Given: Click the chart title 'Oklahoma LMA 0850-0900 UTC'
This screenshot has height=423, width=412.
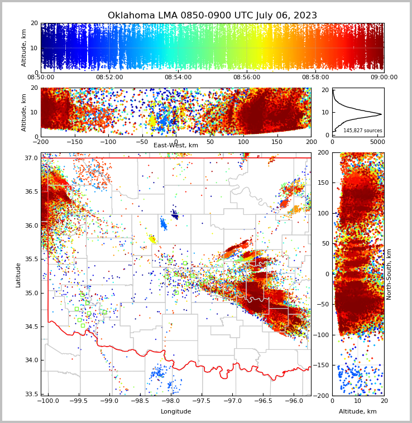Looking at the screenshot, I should coord(212,16).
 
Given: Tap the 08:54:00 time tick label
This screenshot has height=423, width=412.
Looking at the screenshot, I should coord(178,78).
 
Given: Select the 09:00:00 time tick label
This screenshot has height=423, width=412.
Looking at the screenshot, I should coord(384,78).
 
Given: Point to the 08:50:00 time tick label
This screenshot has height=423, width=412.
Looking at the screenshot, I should coord(41,78).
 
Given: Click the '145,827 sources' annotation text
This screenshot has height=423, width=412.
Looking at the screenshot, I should coord(363,131).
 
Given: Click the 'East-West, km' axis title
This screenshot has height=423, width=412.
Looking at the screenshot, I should coord(176,146).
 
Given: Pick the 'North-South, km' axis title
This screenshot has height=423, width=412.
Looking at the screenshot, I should coord(389,274).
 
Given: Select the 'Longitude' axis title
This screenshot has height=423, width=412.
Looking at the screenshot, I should coord(176,412).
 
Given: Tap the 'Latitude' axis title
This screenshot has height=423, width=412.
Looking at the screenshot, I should coord(18,275).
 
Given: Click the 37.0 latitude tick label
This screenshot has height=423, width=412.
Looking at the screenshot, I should coord(31,158).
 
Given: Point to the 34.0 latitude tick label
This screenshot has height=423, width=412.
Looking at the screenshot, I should coord(31,360).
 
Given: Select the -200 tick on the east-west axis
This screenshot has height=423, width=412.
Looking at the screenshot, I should coord(41,142).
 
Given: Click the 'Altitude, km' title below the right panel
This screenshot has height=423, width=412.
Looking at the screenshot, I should coord(358,412).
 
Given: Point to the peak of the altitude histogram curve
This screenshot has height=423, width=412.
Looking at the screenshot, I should coord(381,114).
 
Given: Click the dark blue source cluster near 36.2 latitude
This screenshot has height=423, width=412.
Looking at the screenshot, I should coord(175,214).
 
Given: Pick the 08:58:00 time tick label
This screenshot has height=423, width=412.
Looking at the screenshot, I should coord(315,78).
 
